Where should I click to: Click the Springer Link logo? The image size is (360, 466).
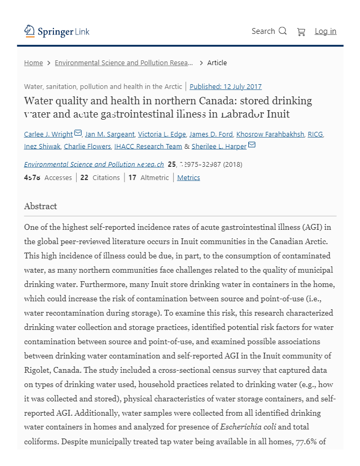point(57,32)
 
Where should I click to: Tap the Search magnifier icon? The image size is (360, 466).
point(283,31)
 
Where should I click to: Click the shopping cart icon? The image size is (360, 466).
point(301,32)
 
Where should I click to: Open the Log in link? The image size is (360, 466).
point(325,31)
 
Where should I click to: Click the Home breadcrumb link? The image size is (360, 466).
point(33,63)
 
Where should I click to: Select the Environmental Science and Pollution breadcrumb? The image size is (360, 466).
point(124,63)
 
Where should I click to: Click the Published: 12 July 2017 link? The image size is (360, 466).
point(226,87)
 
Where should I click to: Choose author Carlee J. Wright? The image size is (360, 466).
point(48,135)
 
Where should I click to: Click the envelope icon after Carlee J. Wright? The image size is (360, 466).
point(78,133)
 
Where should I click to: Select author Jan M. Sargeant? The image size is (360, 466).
point(110,135)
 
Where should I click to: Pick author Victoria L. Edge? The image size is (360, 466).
point(162,135)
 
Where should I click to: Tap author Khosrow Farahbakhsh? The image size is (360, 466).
point(270,135)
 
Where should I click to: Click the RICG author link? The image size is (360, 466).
point(315,135)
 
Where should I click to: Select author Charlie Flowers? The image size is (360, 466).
point(87,147)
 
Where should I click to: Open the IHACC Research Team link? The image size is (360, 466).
point(148,147)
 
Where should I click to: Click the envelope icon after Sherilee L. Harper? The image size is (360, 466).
point(252,145)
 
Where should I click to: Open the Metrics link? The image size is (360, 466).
point(188,178)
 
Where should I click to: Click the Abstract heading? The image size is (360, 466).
point(40,207)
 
